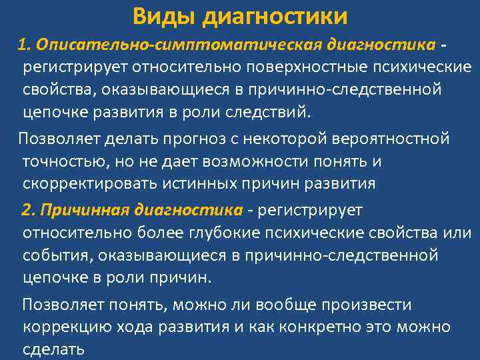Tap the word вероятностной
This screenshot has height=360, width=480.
pyautogui.click(x=392, y=139)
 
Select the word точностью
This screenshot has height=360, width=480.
pyautogui.click(x=63, y=161)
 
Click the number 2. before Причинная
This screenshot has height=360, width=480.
pyautogui.click(x=28, y=211)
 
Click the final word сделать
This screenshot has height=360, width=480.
pyautogui.click(x=53, y=349)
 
